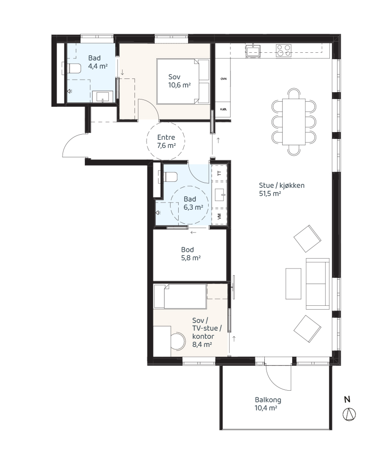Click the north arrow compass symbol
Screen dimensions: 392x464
(x=349, y=414)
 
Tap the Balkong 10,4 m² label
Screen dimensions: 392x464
(x=268, y=404)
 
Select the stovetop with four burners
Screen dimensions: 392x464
(x=284, y=51)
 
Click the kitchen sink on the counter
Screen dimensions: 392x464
(x=253, y=51)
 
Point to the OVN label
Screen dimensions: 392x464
(x=224, y=79)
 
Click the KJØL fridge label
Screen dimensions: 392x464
(x=224, y=109)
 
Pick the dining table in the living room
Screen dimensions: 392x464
(x=294, y=122)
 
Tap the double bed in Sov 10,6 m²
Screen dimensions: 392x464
(x=183, y=81)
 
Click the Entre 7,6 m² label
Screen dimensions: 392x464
(x=166, y=141)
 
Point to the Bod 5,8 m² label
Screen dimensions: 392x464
(x=191, y=253)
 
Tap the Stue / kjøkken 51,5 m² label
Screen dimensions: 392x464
(x=281, y=190)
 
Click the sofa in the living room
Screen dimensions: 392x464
(x=317, y=283)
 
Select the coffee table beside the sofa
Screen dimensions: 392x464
(x=293, y=283)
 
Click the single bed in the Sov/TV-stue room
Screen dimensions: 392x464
(x=180, y=296)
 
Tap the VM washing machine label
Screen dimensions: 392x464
(x=219, y=217)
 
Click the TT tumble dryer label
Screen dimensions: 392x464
(x=219, y=173)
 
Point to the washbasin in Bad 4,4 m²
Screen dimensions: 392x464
(x=102, y=96)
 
